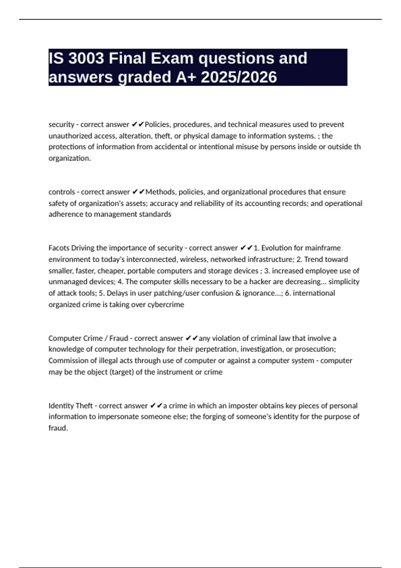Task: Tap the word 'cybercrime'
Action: click(166, 304)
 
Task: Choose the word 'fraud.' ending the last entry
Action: click(58, 428)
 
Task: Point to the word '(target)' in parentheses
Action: click(122, 372)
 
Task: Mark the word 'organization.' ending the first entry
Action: click(70, 158)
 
